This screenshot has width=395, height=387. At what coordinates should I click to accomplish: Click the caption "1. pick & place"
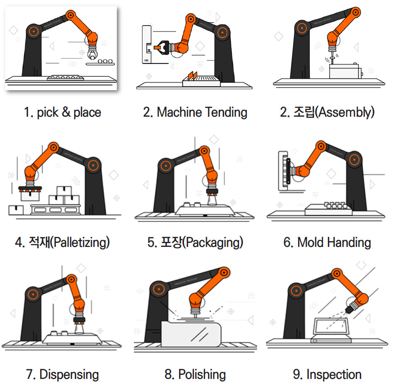pyautogui.click(x=62, y=112)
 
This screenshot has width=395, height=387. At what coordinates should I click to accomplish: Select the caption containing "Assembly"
pyautogui.click(x=327, y=112)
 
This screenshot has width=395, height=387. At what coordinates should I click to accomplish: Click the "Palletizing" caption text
pyautogui.click(x=62, y=242)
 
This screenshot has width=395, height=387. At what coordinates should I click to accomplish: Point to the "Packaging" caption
pyautogui.click(x=195, y=242)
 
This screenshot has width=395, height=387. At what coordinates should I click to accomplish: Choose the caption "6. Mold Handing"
pyautogui.click(x=327, y=242)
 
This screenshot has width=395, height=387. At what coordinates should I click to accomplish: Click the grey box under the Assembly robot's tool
pyautogui.click(x=344, y=71)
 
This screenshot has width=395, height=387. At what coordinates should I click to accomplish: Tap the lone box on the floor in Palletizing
pyautogui.click(x=16, y=210)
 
